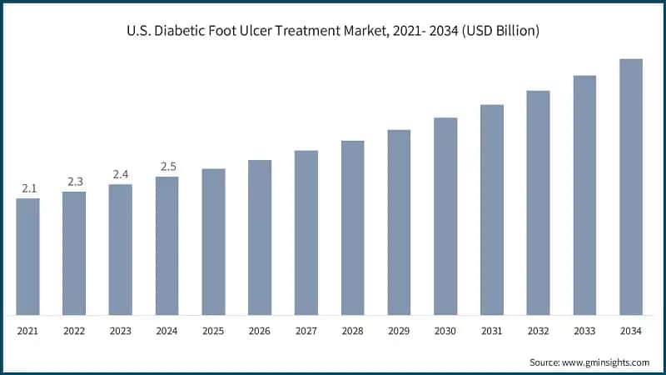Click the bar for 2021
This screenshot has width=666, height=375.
[27, 257]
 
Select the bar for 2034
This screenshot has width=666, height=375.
[631, 187]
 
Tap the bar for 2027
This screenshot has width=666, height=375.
[306, 233]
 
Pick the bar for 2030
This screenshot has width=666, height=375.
[445, 217]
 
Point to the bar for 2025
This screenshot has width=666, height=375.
[213, 242]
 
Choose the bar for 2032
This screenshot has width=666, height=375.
[538, 203]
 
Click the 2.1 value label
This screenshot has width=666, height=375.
[27, 189]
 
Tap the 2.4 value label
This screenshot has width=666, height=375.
[121, 175]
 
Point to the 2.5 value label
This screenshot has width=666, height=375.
[166, 167]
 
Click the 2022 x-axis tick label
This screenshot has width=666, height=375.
[74, 332]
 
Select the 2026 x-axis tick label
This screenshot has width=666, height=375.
[260, 332]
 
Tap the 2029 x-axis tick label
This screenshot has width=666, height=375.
[399, 332]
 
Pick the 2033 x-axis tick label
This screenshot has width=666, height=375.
[584, 332]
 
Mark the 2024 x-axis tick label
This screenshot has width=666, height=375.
[166, 332]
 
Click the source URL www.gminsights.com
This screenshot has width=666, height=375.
[606, 362]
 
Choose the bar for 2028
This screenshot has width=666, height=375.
[352, 228]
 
